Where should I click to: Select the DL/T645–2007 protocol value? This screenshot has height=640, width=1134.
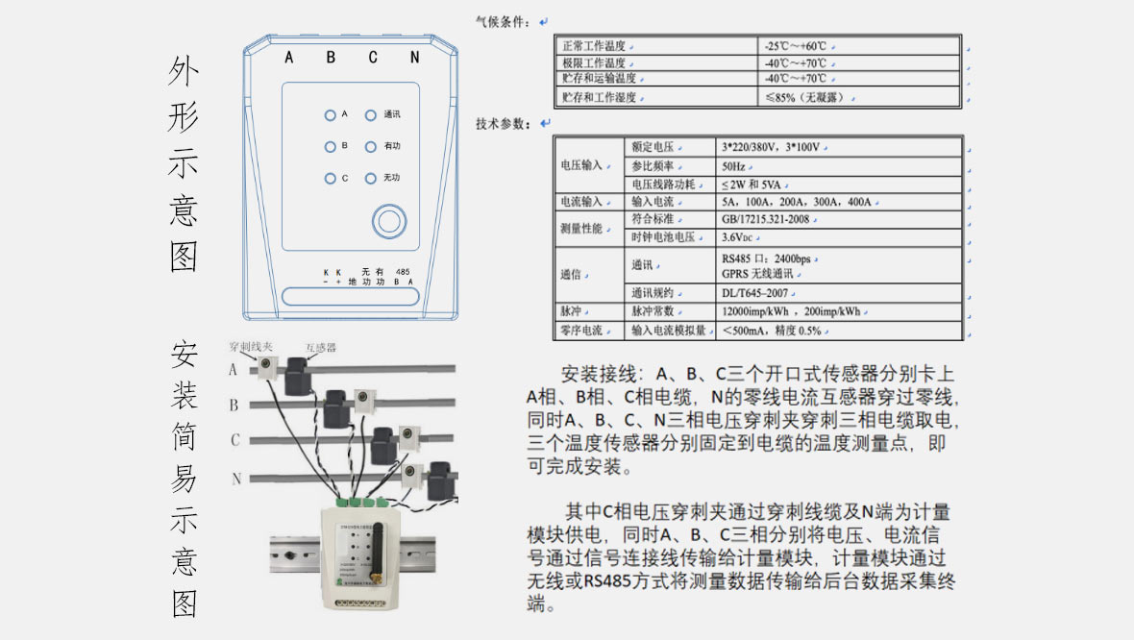coord(756,293)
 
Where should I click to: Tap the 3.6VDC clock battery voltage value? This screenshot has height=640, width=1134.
coord(741,237)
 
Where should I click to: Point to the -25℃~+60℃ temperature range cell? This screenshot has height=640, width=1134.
coord(797,46)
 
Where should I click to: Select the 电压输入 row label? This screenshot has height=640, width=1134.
coord(580,165)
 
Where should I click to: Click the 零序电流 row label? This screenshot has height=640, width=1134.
coord(580,331)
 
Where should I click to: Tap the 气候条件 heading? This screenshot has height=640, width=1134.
coord(503,21)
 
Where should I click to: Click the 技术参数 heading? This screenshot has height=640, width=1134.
coord(503,124)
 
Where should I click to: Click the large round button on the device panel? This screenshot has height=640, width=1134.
coord(388,220)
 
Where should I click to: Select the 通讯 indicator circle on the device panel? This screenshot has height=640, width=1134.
coord(370,115)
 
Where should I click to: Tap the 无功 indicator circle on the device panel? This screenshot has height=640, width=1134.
coord(370,178)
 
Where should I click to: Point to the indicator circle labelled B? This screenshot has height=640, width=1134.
coord(330,147)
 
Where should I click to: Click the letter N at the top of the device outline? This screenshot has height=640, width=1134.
coord(414,58)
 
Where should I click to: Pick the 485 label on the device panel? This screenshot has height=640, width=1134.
coord(403,273)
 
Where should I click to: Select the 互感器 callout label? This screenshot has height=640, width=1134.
coord(320,347)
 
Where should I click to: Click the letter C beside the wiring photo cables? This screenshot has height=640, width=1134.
coord(234,440)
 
